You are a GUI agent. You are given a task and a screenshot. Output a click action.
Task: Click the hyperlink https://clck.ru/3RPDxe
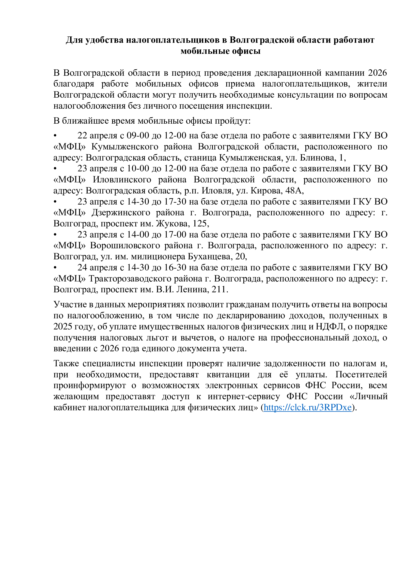tap(308, 407)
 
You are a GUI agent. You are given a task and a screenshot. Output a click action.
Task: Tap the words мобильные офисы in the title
tap(220, 51)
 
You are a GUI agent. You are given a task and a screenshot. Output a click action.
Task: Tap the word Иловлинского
tap(122, 179)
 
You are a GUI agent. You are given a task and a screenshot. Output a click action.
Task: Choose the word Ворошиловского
tap(125, 245)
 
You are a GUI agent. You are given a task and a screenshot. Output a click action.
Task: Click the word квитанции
tap(228, 374)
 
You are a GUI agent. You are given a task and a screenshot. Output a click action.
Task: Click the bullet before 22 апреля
tap(55, 136)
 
